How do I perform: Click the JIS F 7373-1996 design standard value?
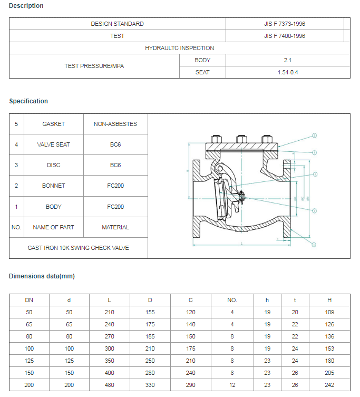pyautogui.click(x=285, y=24)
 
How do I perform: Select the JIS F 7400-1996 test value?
pyautogui.click(x=285, y=36)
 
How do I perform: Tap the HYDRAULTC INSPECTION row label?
pyautogui.click(x=179, y=48)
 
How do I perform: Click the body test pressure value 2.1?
pyautogui.click(x=287, y=60)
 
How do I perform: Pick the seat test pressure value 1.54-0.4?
pyautogui.click(x=288, y=72)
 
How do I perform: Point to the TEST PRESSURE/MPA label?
pyautogui.click(x=94, y=66)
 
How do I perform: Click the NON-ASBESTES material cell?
pyautogui.click(x=115, y=124)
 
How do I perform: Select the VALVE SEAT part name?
pyautogui.click(x=53, y=144)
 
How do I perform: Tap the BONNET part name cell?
pyautogui.click(x=53, y=186)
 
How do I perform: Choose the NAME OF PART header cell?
pyautogui.click(x=53, y=227)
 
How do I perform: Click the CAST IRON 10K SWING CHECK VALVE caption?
pyautogui.click(x=78, y=248)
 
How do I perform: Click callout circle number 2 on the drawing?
pyautogui.click(x=315, y=135)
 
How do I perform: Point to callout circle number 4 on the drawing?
pyautogui.click(x=315, y=211)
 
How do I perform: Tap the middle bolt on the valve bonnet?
pyautogui.click(x=240, y=139)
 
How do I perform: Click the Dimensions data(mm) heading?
pyautogui.click(x=42, y=276)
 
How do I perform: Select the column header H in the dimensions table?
pyautogui.click(x=329, y=300)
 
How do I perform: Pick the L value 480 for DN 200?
pyautogui.click(x=109, y=385)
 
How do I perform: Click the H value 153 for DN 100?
pyautogui.click(x=329, y=348)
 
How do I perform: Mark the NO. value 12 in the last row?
pyautogui.click(x=232, y=385)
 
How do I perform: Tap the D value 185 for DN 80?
pyautogui.click(x=150, y=336)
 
